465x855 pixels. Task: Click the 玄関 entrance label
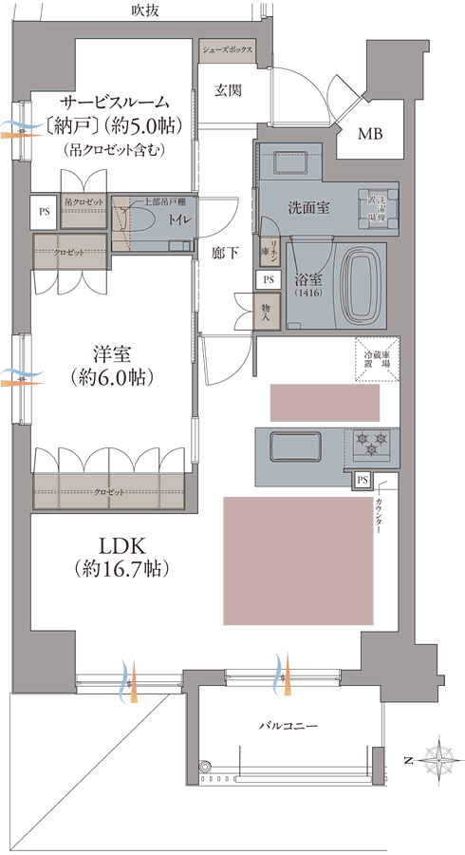(227, 91)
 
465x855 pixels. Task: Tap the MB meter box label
(369, 134)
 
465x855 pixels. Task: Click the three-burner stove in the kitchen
(371, 443)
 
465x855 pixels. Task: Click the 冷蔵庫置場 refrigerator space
(377, 360)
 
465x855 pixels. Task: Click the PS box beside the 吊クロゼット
(44, 212)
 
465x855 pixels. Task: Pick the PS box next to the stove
(363, 481)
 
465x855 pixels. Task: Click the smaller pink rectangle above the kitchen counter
(325, 403)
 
